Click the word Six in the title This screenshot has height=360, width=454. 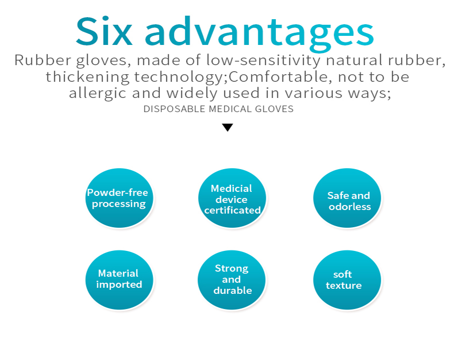coord(104,31)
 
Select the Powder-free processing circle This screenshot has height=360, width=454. coord(119,198)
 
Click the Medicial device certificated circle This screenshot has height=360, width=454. coord(232,198)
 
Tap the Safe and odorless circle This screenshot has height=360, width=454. coord(347,198)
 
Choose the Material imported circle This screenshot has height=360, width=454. coord(119,280)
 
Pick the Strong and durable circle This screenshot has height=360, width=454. coord(232,280)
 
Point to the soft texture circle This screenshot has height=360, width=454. coord(347,280)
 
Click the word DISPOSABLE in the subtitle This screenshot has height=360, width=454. coord(175,109)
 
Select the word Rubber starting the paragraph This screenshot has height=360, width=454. coord(43,60)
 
